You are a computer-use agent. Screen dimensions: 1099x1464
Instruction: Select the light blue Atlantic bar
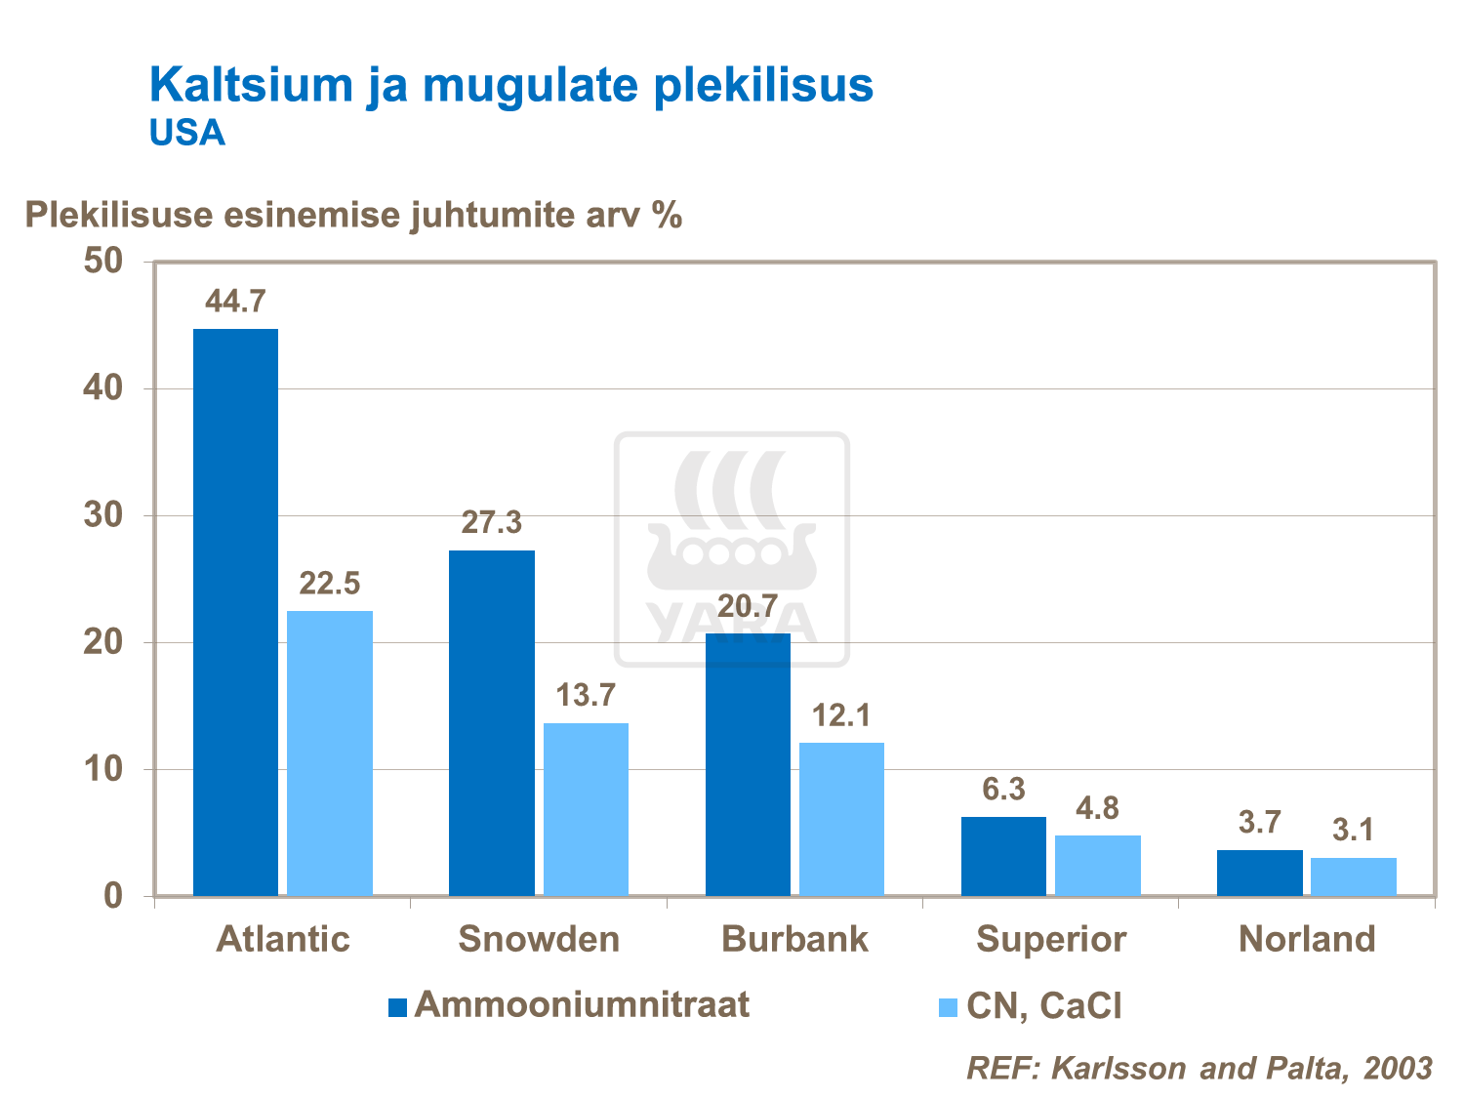pyautogui.click(x=330, y=753)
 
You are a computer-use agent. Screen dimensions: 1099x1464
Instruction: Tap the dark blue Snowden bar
pyautogui.click(x=492, y=722)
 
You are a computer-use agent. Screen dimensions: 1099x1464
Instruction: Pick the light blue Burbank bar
pyautogui.click(x=841, y=819)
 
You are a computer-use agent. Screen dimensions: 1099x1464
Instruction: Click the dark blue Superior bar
pyautogui.click(x=1003, y=856)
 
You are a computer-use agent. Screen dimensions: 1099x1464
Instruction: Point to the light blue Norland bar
pyautogui.click(x=1353, y=876)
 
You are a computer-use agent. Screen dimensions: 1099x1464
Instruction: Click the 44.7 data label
pyautogui.click(x=235, y=302)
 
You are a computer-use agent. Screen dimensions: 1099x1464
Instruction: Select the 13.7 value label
pyautogui.click(x=586, y=696)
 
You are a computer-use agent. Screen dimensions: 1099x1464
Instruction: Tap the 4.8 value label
pyautogui.click(x=1097, y=808)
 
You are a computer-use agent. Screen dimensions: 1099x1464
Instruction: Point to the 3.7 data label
pyautogui.click(x=1259, y=823)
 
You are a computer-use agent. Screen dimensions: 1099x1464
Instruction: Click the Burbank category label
pyautogui.click(x=794, y=939)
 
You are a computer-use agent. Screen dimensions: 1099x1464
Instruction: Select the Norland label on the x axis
pyautogui.click(x=1307, y=939)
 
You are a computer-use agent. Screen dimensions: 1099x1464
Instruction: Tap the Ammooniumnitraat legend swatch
pyautogui.click(x=397, y=1007)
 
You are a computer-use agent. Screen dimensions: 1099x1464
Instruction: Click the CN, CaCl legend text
pyautogui.click(x=1043, y=1005)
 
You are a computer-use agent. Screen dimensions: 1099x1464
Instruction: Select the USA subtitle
pyautogui.click(x=187, y=133)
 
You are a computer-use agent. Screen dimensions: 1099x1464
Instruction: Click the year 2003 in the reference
pyautogui.click(x=1398, y=1068)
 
